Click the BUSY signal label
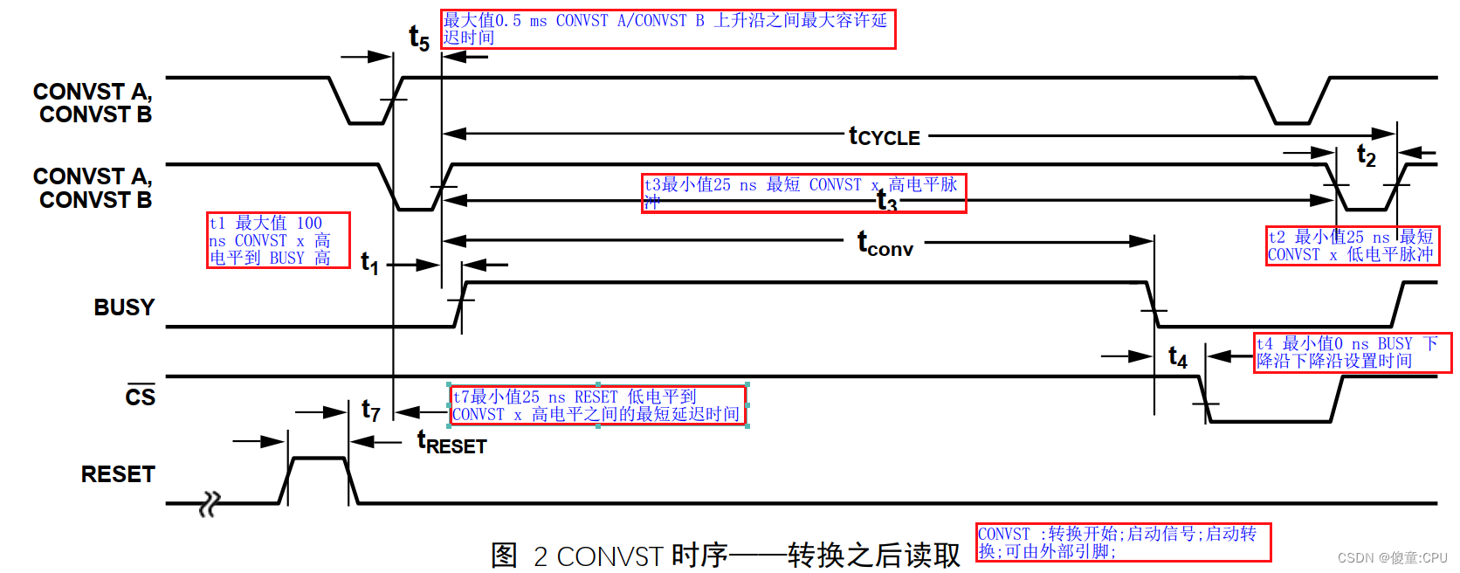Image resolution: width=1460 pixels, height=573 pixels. click(x=124, y=307)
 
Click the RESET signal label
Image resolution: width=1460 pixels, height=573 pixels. click(x=118, y=474)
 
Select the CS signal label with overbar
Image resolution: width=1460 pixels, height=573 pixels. click(x=140, y=397)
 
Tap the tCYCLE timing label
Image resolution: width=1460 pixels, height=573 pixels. click(x=885, y=136)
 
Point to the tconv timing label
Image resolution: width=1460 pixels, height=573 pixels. click(x=885, y=244)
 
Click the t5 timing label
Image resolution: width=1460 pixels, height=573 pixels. click(x=419, y=38)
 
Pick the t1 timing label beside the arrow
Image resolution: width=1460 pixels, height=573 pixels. click(x=370, y=263)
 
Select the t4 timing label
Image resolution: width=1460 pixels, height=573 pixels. click(x=1178, y=356)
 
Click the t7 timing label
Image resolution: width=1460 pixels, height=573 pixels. click(x=371, y=410)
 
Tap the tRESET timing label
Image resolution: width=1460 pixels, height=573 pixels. click(x=452, y=443)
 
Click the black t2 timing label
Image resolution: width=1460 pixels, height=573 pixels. click(x=1366, y=156)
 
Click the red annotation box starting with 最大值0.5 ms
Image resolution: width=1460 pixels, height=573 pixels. click(x=668, y=29)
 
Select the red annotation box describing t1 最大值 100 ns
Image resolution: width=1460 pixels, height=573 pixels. click(x=278, y=240)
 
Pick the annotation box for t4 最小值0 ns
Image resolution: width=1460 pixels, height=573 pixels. click(x=1352, y=352)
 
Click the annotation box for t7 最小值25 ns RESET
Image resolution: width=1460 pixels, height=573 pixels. click(x=598, y=405)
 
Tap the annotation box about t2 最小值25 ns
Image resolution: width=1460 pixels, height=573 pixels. click(x=1352, y=245)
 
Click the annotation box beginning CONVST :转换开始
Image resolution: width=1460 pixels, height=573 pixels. click(x=1123, y=542)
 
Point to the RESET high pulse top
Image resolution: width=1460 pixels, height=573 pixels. click(x=319, y=458)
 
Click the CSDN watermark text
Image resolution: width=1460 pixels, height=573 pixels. click(x=1392, y=557)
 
